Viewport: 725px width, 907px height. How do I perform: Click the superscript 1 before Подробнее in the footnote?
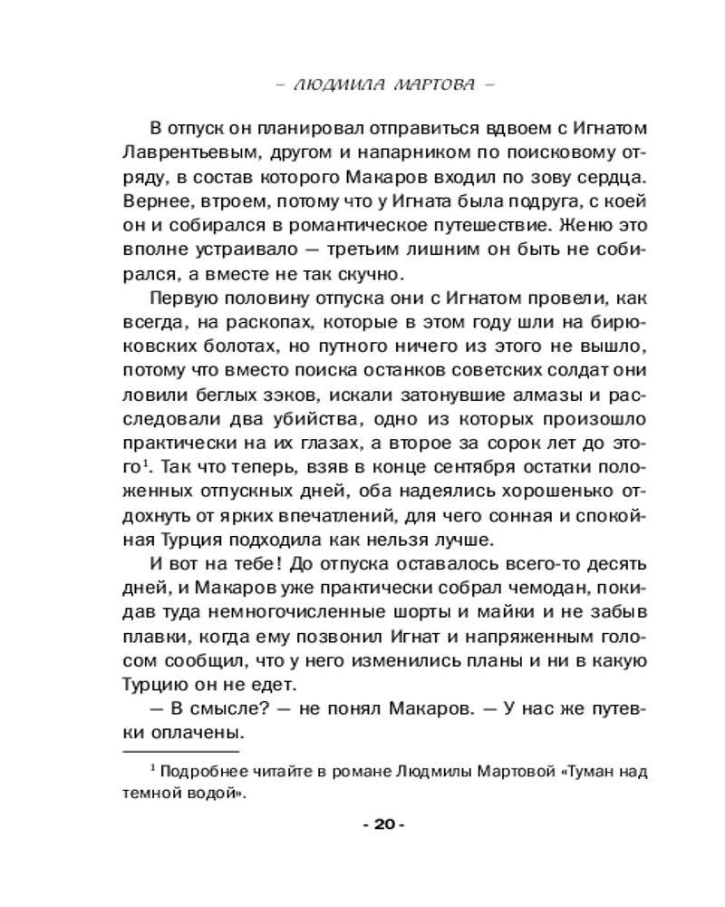tap(154, 768)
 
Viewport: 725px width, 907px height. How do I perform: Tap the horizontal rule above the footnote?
tap(181, 752)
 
